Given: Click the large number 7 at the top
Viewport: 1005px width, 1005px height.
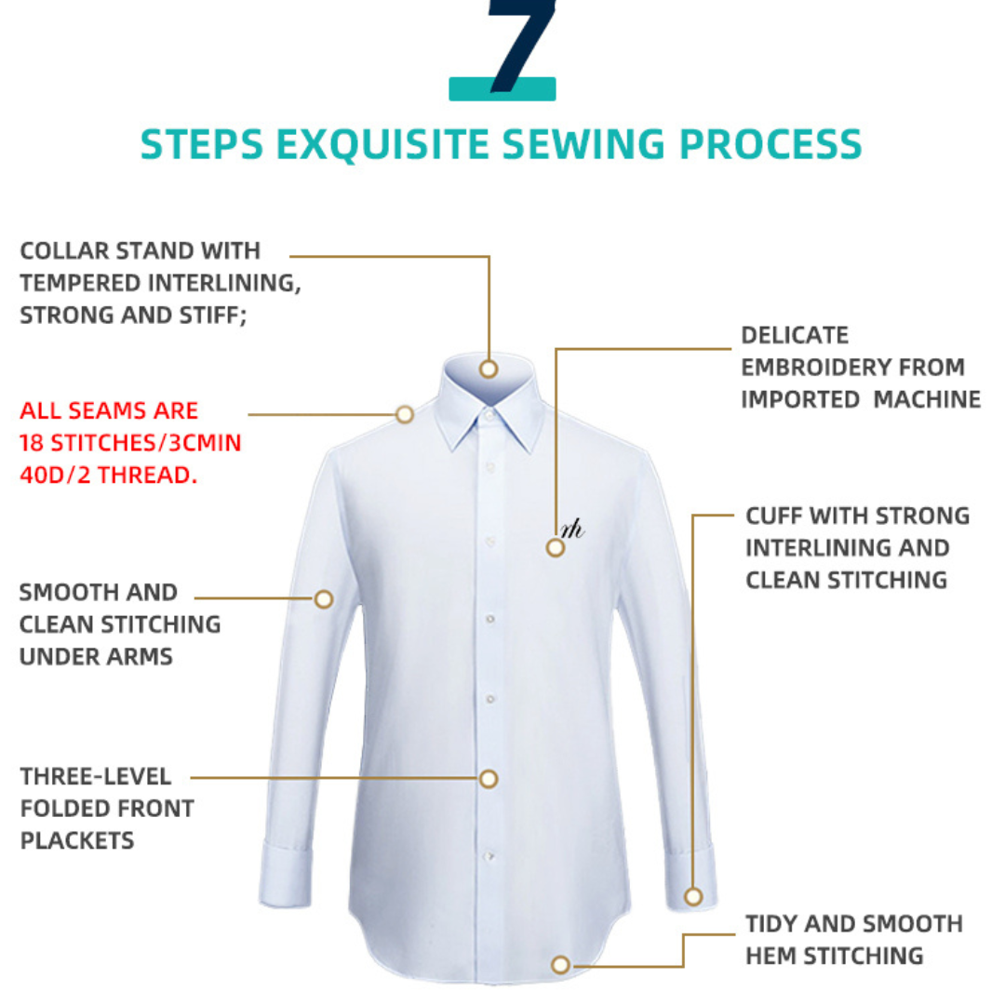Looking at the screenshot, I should tap(521, 42).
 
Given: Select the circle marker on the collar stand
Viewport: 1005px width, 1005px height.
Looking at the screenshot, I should tap(489, 368).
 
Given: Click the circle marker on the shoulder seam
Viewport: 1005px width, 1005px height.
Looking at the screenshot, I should tap(404, 414).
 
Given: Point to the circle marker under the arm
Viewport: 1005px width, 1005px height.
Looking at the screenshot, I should tap(324, 599).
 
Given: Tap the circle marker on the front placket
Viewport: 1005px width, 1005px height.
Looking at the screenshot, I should tap(489, 778).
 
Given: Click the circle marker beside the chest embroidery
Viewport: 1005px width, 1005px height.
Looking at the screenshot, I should tap(555, 548).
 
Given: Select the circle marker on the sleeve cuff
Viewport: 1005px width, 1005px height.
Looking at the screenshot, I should tap(693, 897).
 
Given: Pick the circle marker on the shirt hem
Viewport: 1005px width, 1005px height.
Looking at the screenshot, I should tap(559, 965).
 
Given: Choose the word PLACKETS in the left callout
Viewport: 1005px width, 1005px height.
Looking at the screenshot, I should tap(77, 840).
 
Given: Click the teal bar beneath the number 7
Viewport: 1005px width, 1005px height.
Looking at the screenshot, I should tap(502, 89).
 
